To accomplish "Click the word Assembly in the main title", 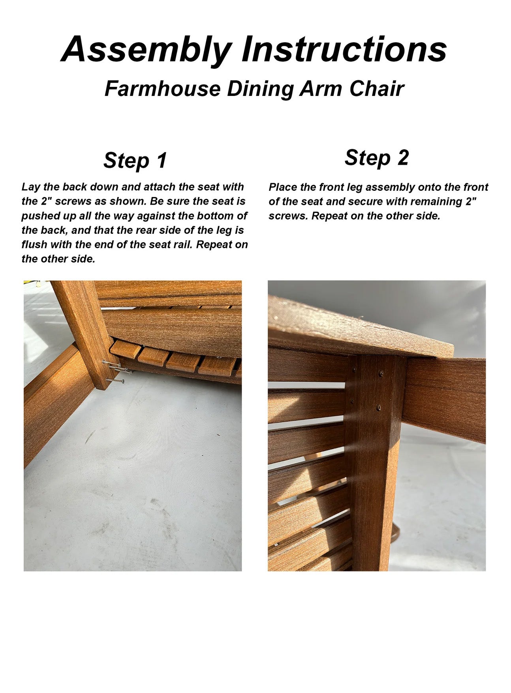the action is (x=147, y=50).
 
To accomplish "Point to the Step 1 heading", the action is (x=135, y=160).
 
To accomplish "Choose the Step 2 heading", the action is (x=376, y=158).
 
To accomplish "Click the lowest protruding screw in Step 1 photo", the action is (x=115, y=380).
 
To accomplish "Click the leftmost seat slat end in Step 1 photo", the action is (x=125, y=349).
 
